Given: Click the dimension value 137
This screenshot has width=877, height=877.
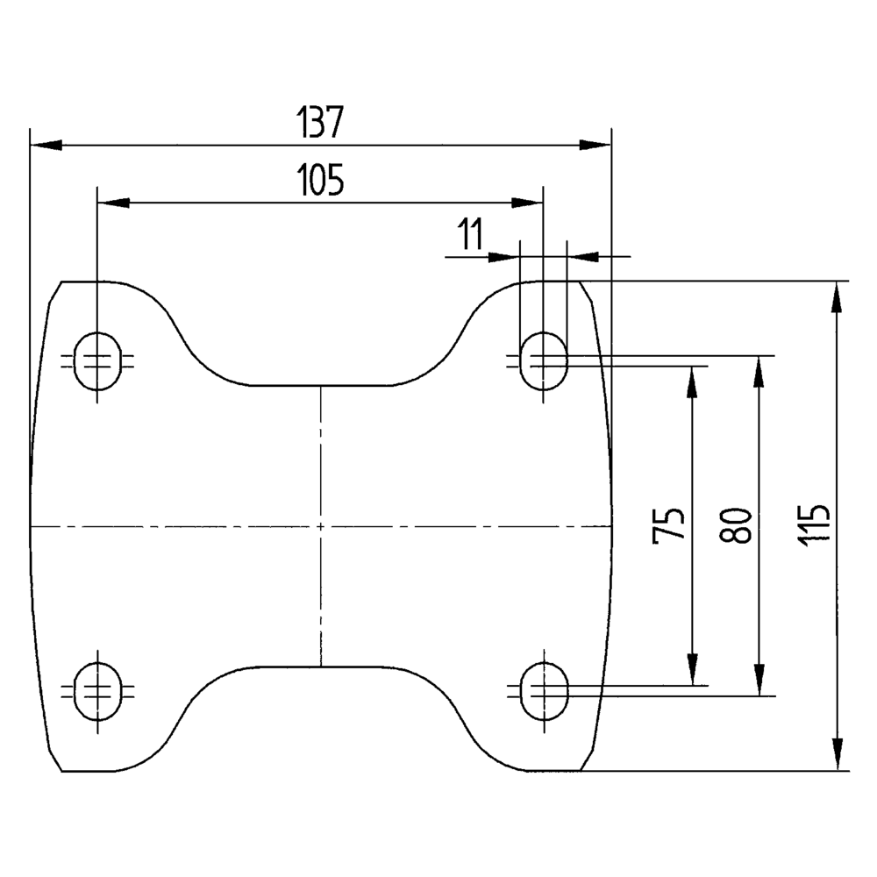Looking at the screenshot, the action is (x=319, y=122).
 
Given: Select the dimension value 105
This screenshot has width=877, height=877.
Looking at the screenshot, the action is (x=320, y=180).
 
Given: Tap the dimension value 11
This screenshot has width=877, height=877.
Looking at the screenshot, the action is (x=470, y=234).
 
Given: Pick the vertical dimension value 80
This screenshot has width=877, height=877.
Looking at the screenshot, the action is (x=734, y=525).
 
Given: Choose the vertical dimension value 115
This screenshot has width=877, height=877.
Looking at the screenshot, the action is (x=813, y=525).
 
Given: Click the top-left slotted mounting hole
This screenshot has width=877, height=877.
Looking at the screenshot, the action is (x=97, y=360).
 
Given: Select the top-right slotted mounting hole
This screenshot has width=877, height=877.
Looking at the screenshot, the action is (x=544, y=360).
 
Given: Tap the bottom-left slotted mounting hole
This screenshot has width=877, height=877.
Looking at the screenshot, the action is (x=97, y=691).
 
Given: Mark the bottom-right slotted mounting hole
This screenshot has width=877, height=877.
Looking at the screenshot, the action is (x=545, y=691).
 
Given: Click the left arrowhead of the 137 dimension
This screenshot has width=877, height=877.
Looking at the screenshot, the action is (x=46, y=146).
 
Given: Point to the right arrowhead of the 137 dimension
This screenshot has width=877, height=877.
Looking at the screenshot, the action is (x=595, y=146).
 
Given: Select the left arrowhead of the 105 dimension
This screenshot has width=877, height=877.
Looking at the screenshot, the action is (x=113, y=203).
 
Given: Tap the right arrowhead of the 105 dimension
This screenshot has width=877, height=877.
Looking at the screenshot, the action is (x=527, y=203).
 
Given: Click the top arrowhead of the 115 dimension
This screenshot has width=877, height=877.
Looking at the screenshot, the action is (x=837, y=297).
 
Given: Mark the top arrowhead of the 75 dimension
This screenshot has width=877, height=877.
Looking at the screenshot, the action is (x=693, y=382).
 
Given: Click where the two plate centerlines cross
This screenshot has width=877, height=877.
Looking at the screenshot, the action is (x=320, y=526).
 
